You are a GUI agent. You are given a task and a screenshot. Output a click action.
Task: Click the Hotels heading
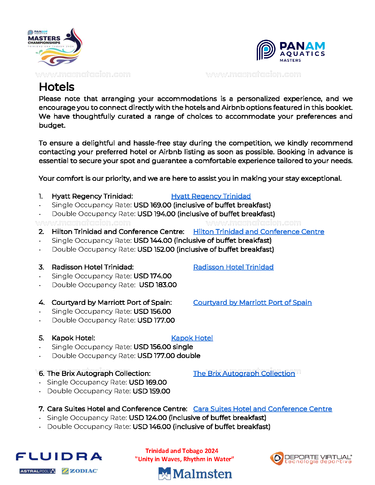click(56, 87)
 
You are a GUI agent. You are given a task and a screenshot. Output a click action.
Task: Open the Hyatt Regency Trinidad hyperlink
click(211, 196)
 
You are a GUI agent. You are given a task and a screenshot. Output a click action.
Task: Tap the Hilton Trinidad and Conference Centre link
click(259, 232)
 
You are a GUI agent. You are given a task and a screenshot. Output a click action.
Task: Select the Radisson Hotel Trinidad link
click(233, 267)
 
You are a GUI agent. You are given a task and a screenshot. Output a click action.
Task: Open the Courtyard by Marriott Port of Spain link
click(252, 302)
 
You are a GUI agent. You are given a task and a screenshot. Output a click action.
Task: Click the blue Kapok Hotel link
click(192, 338)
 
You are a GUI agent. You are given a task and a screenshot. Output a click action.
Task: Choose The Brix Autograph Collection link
click(244, 374)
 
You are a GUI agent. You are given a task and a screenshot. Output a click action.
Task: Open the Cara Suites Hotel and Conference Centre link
click(262, 409)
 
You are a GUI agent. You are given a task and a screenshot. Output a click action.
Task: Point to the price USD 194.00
click(156, 214)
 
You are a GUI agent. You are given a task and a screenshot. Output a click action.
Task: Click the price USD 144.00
click(153, 240)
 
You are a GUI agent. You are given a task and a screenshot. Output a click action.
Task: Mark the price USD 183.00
click(158, 285)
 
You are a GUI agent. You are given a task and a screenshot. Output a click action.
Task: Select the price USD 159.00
click(151, 391)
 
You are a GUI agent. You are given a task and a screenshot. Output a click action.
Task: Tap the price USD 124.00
click(148, 418)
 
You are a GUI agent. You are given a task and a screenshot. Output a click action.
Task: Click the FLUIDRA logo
click(59, 456)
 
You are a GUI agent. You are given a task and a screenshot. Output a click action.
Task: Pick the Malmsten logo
click(195, 474)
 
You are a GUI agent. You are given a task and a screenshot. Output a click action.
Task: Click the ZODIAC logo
click(80, 471)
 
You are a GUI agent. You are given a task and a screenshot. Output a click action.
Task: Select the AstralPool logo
click(37, 471)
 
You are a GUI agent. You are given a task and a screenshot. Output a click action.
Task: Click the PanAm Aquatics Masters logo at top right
click(291, 51)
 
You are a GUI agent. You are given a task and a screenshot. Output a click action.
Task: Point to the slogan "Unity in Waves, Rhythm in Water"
click(184, 459)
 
